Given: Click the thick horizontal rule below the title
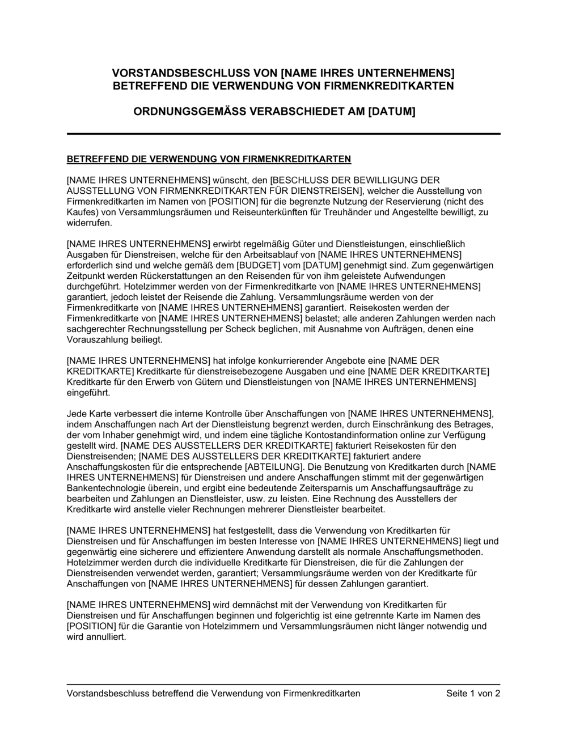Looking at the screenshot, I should click(283, 134).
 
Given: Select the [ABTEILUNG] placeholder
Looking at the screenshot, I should click(272, 466).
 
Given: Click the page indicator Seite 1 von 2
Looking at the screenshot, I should click(473, 693).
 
